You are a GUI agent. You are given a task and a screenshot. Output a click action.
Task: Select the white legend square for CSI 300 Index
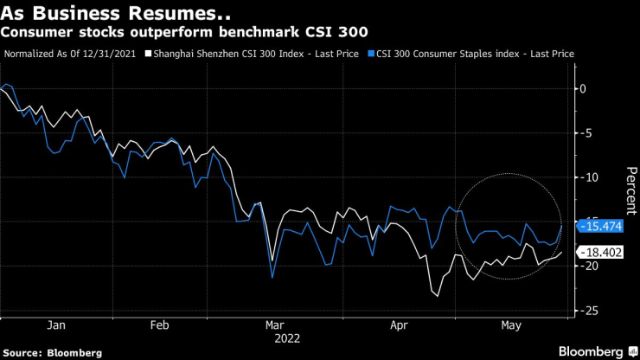tap(149, 54)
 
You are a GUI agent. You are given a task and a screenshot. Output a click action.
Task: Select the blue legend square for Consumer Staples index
tap(371, 54)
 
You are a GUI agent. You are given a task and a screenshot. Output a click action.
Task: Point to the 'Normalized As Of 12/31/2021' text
tap(73, 54)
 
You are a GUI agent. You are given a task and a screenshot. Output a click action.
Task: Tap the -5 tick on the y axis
tap(588, 132)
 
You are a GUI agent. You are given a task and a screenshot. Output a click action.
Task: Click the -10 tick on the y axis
tap(591, 177)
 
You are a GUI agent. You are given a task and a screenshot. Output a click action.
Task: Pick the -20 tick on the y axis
tap(591, 266)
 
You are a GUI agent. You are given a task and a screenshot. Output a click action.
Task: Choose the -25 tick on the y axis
tap(591, 310)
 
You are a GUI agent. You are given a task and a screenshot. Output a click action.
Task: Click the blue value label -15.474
tap(602, 226)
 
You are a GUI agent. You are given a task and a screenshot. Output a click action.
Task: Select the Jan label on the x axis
tap(55, 325)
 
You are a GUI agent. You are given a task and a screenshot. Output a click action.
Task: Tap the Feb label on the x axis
tap(159, 325)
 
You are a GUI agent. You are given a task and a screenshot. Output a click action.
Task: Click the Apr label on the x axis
tap(399, 325)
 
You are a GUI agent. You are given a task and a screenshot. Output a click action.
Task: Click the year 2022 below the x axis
tap(288, 338)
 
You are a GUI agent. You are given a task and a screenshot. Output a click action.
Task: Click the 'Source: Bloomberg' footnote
tap(53, 352)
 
